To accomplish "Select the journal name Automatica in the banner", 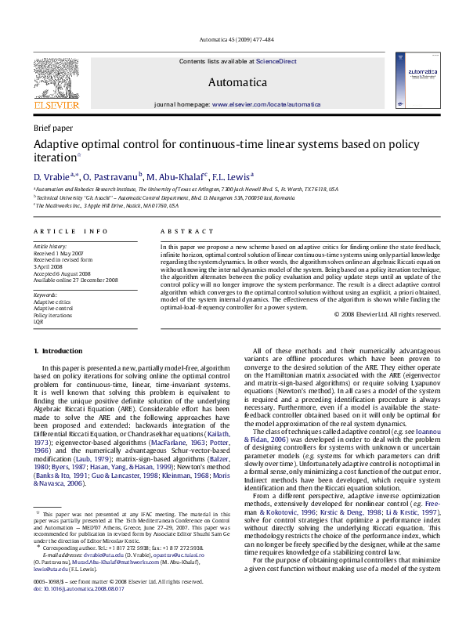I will click(237, 81).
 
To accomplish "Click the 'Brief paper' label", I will click(53, 127).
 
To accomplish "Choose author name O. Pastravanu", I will click(111, 177).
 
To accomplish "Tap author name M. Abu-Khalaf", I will click(176, 177).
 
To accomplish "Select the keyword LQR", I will click(38, 320).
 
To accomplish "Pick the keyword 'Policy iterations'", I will click(52, 314).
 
